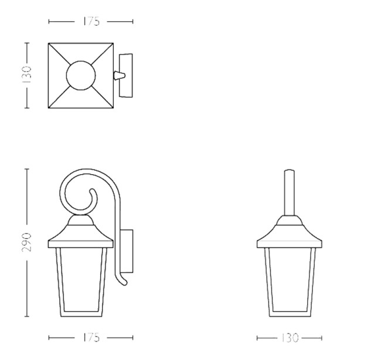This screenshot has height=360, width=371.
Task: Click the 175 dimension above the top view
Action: (x=91, y=22)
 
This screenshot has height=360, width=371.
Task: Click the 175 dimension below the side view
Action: (x=91, y=338)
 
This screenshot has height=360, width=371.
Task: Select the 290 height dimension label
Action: (x=26, y=242)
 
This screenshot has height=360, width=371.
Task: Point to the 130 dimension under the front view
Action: (x=290, y=338)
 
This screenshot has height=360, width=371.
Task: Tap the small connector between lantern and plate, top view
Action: (x=119, y=76)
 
